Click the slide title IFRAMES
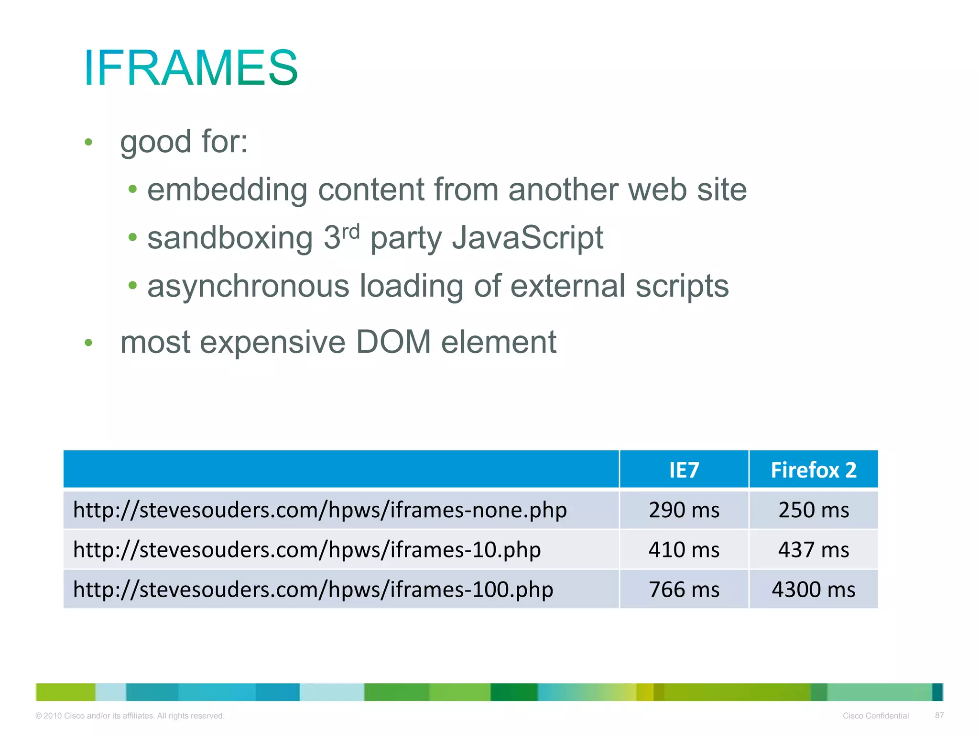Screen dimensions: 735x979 [191, 67]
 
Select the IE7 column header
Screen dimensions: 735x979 [684, 470]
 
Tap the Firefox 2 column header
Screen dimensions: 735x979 [813, 470]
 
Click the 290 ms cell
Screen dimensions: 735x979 [684, 510]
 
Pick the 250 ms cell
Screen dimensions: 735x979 [813, 510]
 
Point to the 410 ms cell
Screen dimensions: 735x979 [684, 550]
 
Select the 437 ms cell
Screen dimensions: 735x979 [813, 550]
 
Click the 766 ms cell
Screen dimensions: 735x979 [684, 590]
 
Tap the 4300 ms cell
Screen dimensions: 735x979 [813, 590]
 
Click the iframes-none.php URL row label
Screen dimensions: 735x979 [319, 510]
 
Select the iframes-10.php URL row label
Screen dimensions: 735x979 [306, 550]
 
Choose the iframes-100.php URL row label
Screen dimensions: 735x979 [313, 590]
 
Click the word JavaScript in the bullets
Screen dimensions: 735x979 [527, 238]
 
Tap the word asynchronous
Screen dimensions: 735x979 [248, 286]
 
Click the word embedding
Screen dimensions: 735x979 [227, 189]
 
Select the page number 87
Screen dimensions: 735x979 [939, 715]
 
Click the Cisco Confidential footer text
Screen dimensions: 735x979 [875, 716]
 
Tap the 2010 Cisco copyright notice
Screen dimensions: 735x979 [130, 716]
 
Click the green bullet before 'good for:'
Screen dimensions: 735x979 [88, 142]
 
